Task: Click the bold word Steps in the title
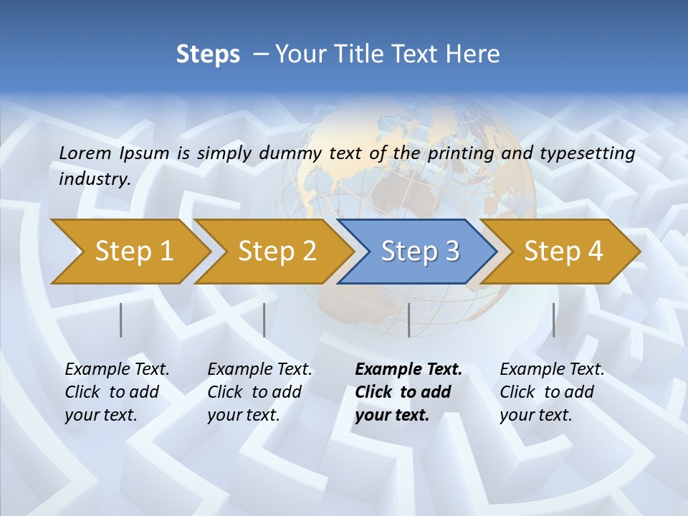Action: [x=208, y=54]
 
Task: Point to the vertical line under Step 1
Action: [x=121, y=320]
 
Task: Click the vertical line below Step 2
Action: [x=264, y=320]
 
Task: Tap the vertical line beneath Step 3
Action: [x=408, y=320]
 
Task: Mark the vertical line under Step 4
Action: [x=553, y=320]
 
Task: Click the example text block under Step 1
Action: [x=117, y=392]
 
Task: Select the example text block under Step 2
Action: [x=259, y=392]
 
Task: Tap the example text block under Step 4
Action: [x=552, y=392]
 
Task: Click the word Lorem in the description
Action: [x=85, y=153]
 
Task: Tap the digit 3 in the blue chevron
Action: [x=451, y=252]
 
